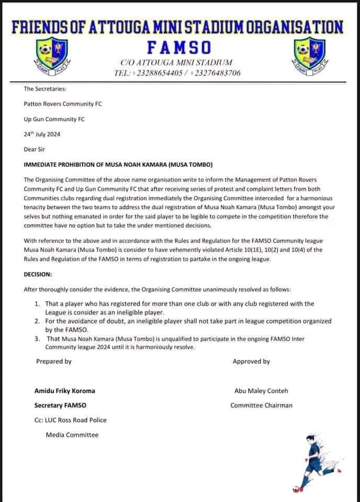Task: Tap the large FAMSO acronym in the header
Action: click(179, 48)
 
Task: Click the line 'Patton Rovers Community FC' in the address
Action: click(63, 104)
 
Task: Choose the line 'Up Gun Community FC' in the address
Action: click(54, 119)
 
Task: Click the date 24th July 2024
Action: click(42, 134)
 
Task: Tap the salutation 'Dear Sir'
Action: click(35, 149)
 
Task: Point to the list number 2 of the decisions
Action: click(37, 321)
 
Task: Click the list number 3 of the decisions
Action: click(37, 339)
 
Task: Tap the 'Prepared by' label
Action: click(53, 361)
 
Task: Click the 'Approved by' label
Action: click(251, 361)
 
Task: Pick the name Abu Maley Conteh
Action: click(262, 391)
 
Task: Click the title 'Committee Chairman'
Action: click(261, 405)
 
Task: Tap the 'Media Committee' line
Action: click(72, 435)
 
